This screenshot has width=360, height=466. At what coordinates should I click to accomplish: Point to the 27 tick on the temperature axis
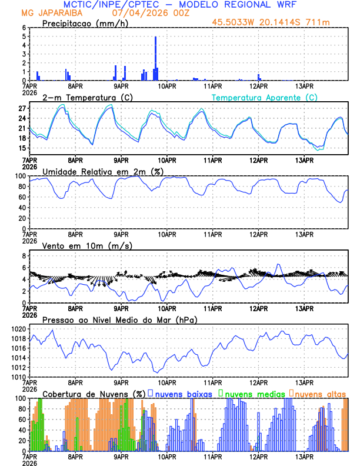point(21,109)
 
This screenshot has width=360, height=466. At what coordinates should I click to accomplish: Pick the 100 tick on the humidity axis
point(20,176)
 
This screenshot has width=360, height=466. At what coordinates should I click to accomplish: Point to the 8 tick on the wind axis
point(24,256)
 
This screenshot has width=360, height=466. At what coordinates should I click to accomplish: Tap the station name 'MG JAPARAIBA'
point(49,12)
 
